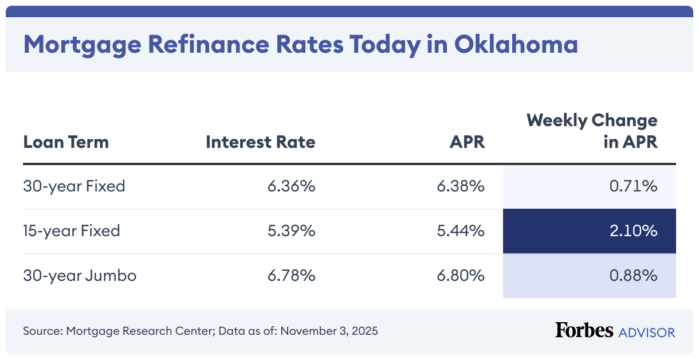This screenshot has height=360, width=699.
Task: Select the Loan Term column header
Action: point(66,142)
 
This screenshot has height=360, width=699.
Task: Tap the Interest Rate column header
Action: point(261,142)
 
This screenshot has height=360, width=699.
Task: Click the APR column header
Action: point(467,142)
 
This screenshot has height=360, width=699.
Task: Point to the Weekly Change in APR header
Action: point(592,131)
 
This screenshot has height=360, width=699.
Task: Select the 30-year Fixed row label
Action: point(74,186)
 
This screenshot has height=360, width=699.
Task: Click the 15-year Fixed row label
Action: point(72,231)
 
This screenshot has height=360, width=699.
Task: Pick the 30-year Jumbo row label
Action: point(80,276)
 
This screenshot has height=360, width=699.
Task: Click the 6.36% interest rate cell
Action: point(292,186)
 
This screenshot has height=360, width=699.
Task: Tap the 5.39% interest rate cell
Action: point(292,231)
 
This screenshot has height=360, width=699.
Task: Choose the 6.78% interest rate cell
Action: point(292,276)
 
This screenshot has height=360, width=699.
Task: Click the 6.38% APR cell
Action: point(461,186)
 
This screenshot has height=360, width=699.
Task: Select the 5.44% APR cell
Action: point(461,231)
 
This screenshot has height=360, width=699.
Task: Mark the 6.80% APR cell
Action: point(461,276)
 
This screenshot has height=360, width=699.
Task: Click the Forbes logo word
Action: point(584,331)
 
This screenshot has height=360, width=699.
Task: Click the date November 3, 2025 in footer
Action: point(329,331)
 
